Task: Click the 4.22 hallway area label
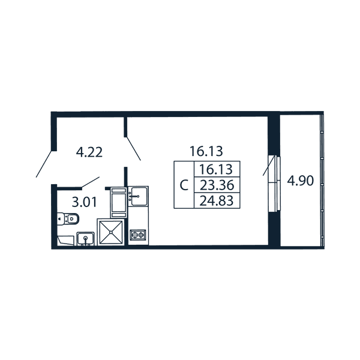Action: tap(89, 152)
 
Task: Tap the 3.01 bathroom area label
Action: tap(84, 202)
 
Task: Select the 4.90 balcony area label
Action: tap(301, 181)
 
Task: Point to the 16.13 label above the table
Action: tap(206, 151)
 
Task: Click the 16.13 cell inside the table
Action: tap(216, 169)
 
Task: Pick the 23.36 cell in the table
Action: tap(217, 185)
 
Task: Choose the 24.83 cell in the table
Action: tap(217, 200)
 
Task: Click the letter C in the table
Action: tap(184, 185)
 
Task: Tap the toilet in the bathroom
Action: tap(68, 219)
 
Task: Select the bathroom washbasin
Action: tap(85, 239)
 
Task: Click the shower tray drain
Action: tap(111, 232)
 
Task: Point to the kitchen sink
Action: tap(138, 196)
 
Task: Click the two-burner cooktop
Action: tap(138, 235)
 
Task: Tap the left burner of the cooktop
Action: tap(134, 235)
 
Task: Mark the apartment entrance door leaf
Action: tap(43, 164)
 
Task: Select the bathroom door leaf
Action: tap(91, 182)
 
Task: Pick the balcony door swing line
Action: tap(269, 166)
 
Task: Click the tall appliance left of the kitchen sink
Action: tap(118, 202)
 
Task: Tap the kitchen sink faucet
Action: tap(134, 197)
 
